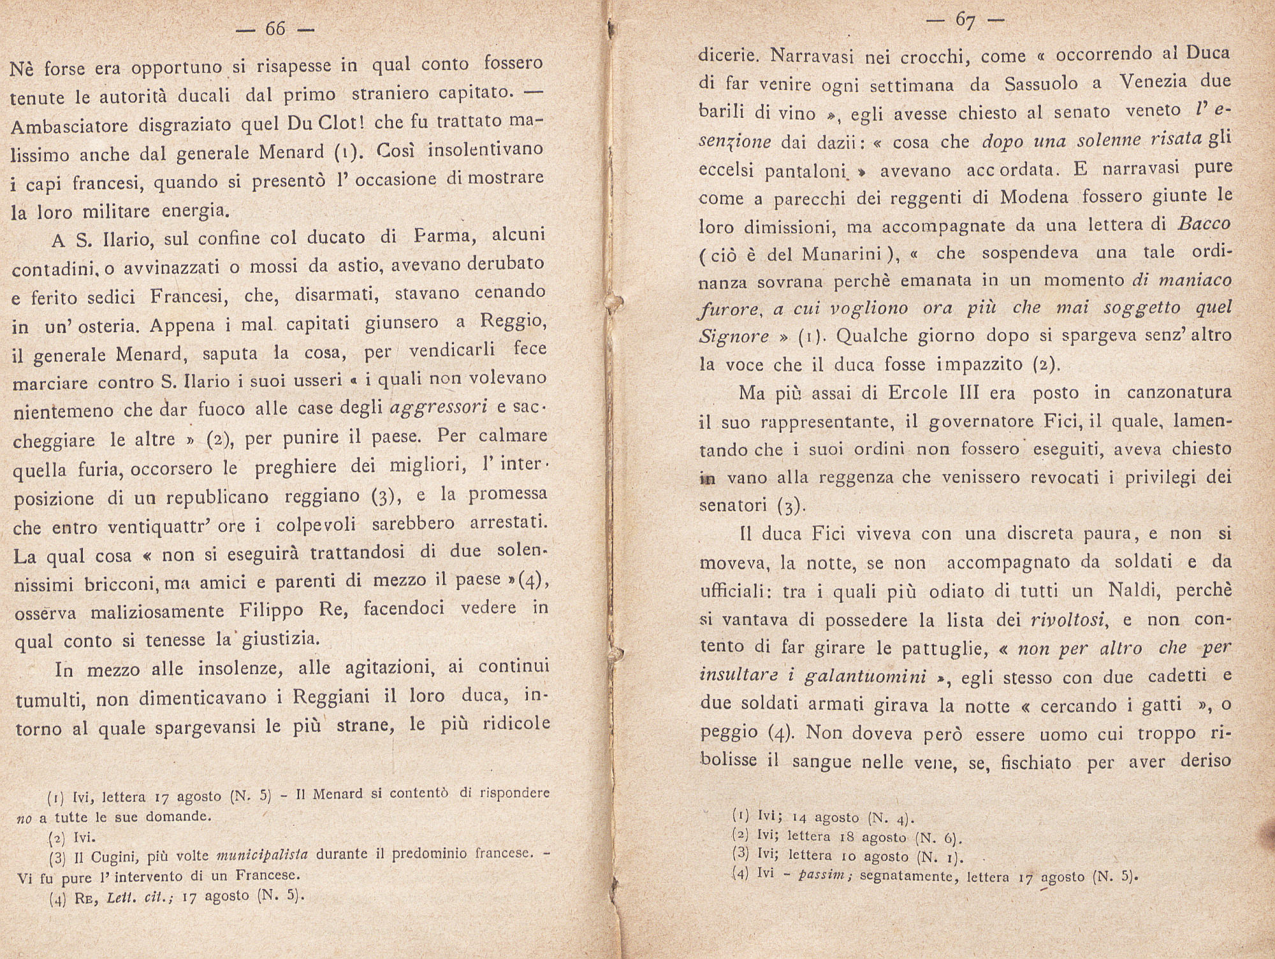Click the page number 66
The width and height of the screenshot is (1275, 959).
click(275, 29)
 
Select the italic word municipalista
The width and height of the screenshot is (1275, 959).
click(262, 854)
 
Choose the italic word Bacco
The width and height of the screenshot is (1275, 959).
click(1204, 224)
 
